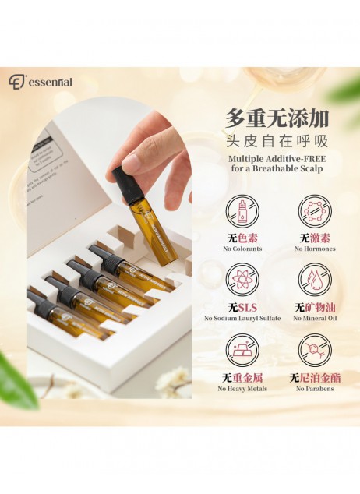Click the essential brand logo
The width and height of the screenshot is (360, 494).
point(41,80)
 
